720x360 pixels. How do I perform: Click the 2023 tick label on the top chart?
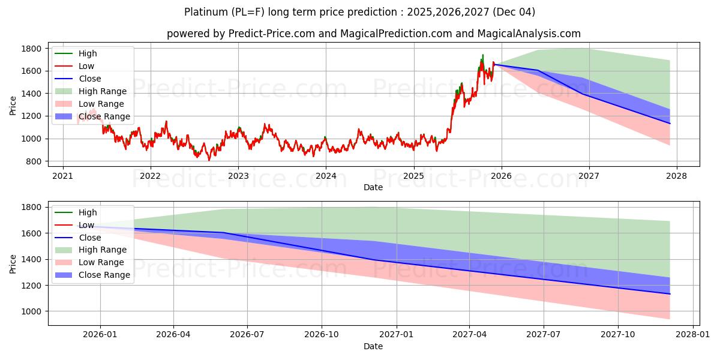tap(238, 176)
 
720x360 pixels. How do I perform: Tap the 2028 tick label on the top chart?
tap(676, 176)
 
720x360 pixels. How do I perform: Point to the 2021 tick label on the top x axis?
tap(63, 176)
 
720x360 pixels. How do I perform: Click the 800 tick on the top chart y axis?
tap(34, 161)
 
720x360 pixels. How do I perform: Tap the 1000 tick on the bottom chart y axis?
tap(32, 311)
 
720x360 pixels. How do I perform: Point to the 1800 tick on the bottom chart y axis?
tap(32, 207)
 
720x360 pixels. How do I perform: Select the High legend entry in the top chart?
tap(88, 53)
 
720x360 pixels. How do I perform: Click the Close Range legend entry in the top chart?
tap(104, 116)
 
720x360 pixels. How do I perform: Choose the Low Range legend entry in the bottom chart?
tap(102, 262)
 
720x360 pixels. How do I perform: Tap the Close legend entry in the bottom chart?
tap(90, 238)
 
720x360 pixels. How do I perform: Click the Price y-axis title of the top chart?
tap(13, 105)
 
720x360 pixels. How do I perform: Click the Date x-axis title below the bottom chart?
tap(373, 346)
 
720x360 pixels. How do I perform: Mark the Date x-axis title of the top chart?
tap(373, 187)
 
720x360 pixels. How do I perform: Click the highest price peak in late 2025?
tap(482, 55)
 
